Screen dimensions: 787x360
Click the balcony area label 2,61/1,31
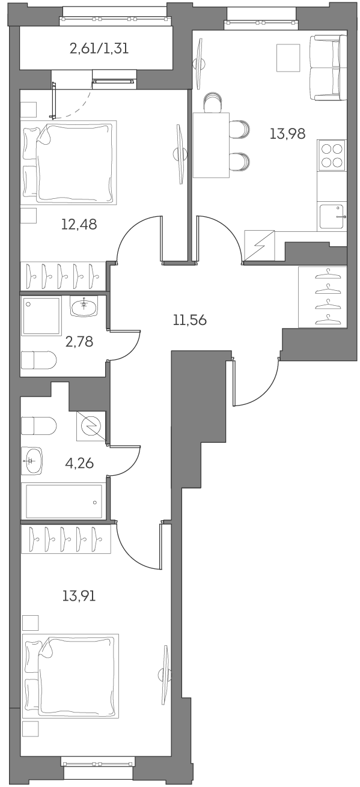click(x=99, y=49)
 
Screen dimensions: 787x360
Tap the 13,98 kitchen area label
click(x=287, y=134)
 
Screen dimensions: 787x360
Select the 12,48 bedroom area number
click(x=79, y=225)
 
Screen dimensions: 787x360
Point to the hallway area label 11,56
click(x=189, y=320)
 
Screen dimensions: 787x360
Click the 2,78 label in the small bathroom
click(x=80, y=342)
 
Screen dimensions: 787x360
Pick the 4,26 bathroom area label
click(x=79, y=463)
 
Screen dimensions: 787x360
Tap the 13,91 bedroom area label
click(x=79, y=596)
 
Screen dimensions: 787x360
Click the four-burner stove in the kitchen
click(x=331, y=156)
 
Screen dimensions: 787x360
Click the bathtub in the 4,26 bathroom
click(x=63, y=501)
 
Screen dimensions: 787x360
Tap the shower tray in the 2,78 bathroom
click(x=41, y=316)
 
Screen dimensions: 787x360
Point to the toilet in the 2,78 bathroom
click(x=38, y=360)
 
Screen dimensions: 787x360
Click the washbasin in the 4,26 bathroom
click(x=32, y=461)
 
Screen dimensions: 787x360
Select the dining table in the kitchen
click(x=211, y=145)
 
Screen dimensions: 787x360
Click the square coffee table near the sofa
click(x=287, y=58)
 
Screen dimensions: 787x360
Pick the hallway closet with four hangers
click(x=323, y=297)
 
